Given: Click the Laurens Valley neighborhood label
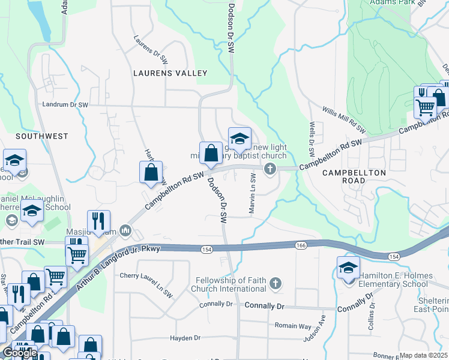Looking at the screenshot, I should tap(170, 73).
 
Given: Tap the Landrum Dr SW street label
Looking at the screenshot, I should tap(65, 104).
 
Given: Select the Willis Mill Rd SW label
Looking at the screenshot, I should tap(343, 120).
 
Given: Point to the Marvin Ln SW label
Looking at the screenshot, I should tap(253, 194).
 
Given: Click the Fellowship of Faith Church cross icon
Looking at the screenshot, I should tap(275, 283).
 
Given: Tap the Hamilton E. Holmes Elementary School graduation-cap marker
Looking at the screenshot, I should tap(348, 268).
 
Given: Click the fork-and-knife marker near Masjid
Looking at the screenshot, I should tap(97, 221).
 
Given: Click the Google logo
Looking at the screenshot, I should tap(20, 353).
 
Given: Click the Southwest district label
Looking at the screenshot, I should tap(42, 136).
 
